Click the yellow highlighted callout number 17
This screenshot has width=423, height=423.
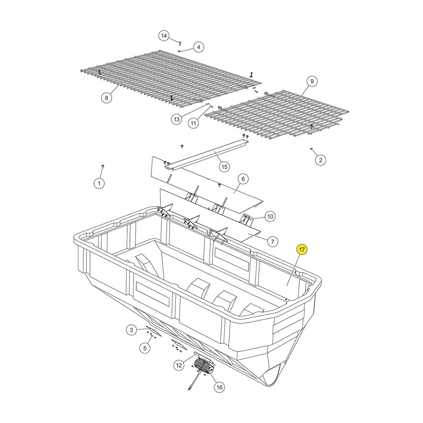[x=302, y=250]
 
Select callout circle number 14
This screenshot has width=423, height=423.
[x=164, y=36]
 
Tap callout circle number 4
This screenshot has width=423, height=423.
[x=198, y=47]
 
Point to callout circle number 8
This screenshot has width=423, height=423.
[x=106, y=98]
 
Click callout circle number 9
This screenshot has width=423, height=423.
[x=312, y=82]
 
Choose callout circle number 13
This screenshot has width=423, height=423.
[x=177, y=119]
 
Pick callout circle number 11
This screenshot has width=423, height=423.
[x=193, y=123]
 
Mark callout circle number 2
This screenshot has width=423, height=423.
[x=320, y=160]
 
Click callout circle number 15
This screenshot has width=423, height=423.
[x=224, y=167]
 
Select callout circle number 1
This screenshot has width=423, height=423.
[x=99, y=183]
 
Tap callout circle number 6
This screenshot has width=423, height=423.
[x=243, y=179]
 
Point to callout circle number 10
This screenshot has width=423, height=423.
[x=270, y=216]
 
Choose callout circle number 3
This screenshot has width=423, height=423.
[x=131, y=330]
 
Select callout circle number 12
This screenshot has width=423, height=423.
[x=179, y=365]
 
